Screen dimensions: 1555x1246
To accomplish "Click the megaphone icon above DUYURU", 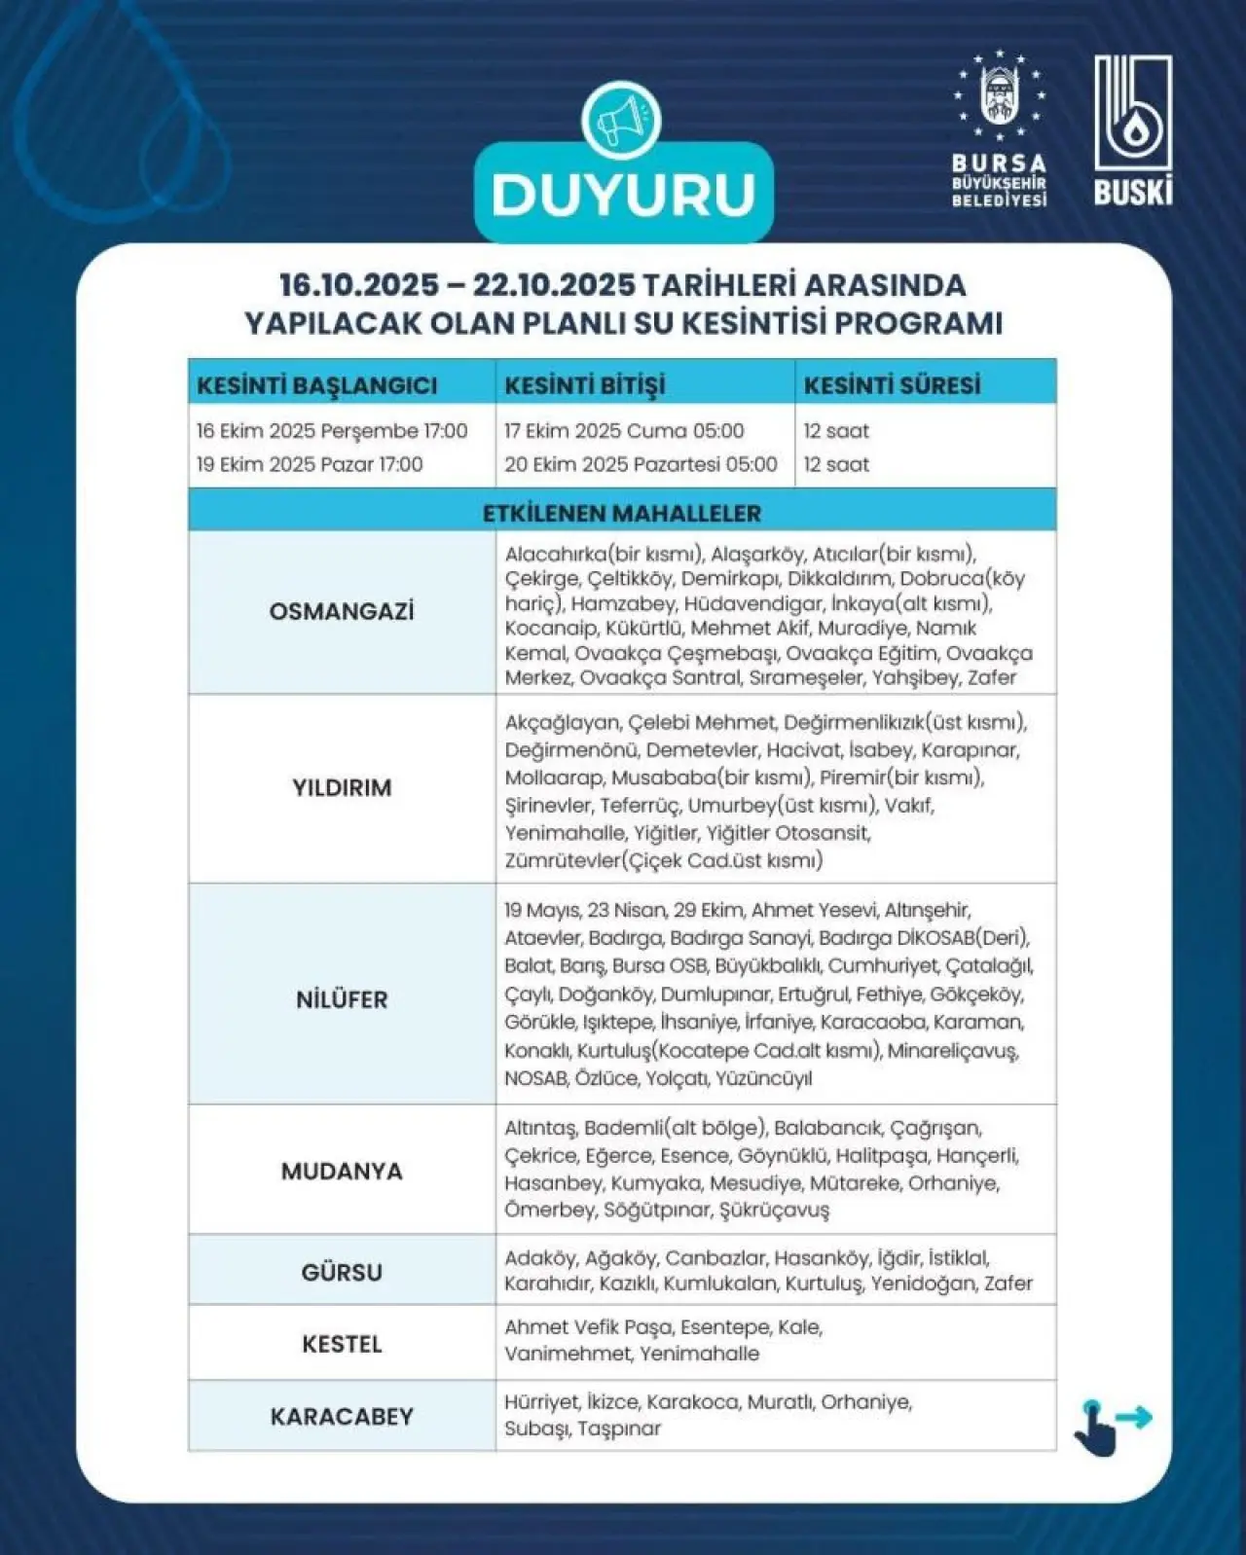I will click(x=621, y=122).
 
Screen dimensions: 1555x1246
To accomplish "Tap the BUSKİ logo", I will click(x=1132, y=129).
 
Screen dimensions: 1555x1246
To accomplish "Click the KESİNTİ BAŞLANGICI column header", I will click(x=316, y=385).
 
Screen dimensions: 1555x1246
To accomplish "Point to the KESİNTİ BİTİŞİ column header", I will click(x=584, y=385).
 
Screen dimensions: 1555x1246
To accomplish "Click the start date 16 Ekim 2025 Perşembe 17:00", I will click(x=332, y=431).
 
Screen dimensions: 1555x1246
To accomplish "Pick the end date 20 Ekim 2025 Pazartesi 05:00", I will click(x=641, y=464).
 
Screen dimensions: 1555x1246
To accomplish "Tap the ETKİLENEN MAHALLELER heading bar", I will click(x=622, y=513).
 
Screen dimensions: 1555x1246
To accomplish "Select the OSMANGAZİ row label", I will click(x=342, y=612).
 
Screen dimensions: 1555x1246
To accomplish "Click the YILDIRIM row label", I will click(x=342, y=788).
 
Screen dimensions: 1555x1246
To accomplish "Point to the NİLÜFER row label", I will click(x=342, y=999).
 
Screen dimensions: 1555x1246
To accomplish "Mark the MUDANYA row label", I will click(x=342, y=1171).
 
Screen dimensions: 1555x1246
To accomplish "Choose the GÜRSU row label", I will click(x=342, y=1272).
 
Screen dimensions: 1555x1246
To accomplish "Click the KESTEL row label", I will click(x=342, y=1344).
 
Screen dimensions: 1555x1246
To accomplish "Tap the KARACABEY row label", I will click(x=342, y=1416).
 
